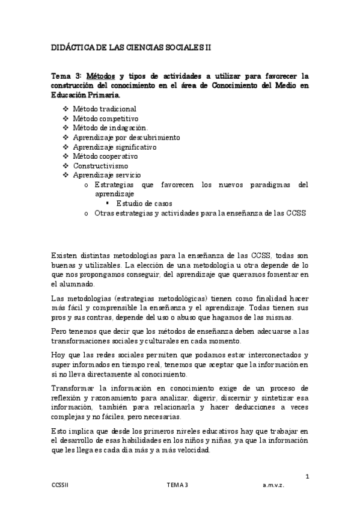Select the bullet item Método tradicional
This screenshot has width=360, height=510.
[x=104, y=109]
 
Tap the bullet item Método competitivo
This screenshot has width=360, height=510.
[x=105, y=118]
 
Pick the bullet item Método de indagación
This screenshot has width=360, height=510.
[x=110, y=127]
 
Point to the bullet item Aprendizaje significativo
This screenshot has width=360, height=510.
[x=114, y=147]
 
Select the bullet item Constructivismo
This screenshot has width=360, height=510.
[x=100, y=165]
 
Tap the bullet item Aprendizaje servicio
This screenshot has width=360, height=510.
[x=107, y=175]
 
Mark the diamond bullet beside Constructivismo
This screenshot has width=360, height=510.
[x=66, y=166]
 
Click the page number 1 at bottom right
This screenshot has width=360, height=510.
[x=307, y=477]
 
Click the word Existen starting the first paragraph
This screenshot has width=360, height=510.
[x=66, y=256]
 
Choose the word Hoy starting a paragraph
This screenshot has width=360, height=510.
[x=58, y=355]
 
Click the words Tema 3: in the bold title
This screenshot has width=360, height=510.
[x=67, y=76]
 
